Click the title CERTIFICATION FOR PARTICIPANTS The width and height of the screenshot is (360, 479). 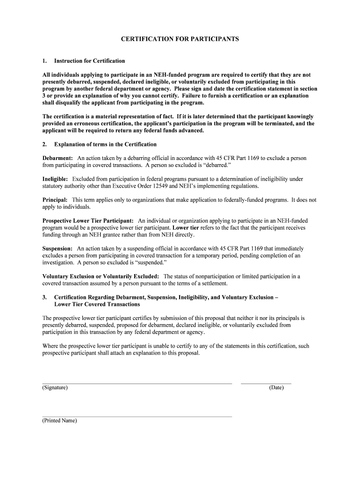tap(180, 39)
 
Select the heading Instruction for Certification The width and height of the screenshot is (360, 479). tap(89, 61)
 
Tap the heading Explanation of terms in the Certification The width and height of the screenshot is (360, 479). tap(105, 144)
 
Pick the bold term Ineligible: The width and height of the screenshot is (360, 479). tap(55, 179)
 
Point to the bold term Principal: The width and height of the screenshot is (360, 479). tap(55, 200)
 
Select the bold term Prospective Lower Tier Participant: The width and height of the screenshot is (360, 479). tap(88, 220)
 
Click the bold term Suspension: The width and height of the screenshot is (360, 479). tap(58, 248)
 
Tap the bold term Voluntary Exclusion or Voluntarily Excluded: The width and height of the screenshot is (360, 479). tap(101, 276)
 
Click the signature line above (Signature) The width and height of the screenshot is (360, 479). tap(137, 383)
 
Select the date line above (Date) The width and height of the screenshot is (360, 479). tap(266, 383)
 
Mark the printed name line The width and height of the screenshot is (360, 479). tap(137, 416)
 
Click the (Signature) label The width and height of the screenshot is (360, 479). tap(55, 388)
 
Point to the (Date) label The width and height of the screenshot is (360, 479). tap(276, 388)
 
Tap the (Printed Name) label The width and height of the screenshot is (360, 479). tap(59, 421)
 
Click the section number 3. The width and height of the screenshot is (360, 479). tap(44, 297)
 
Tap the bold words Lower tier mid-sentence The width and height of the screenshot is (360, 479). tap(186, 228)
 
